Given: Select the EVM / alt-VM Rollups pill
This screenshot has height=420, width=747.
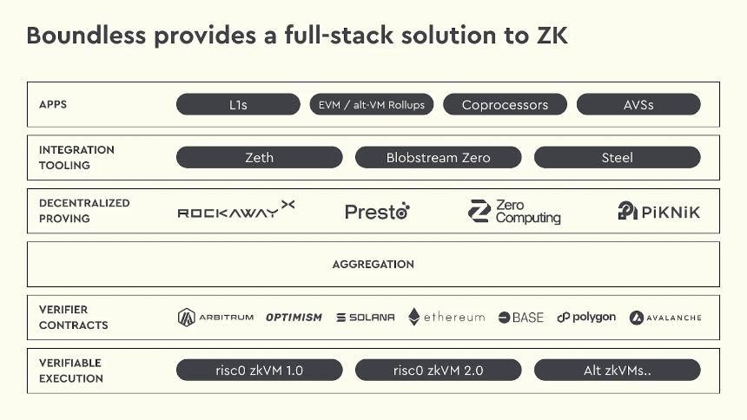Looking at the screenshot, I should [371, 105].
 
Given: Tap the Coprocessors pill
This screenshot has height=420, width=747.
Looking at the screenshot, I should [505, 105].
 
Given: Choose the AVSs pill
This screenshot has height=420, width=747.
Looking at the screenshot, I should [638, 105].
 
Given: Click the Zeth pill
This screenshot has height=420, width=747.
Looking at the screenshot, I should [259, 157].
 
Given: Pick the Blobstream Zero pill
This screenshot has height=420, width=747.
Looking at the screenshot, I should [438, 157].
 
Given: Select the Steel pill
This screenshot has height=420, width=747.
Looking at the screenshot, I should [617, 157].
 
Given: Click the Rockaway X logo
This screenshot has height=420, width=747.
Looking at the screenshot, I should [235, 211].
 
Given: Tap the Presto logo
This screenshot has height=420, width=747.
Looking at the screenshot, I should [377, 211].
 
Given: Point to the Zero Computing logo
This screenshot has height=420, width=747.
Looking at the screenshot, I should [514, 212].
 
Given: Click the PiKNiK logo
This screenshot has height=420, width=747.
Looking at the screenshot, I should [658, 211].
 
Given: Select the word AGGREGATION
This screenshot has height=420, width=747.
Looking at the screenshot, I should [373, 264].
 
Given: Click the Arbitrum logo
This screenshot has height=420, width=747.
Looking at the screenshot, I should [215, 318].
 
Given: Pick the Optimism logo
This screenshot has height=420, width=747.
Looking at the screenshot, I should [294, 318].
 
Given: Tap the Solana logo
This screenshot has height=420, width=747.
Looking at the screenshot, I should [365, 318].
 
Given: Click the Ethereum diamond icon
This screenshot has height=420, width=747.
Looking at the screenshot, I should [414, 317].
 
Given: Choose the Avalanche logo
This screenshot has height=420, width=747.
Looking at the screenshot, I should [665, 318].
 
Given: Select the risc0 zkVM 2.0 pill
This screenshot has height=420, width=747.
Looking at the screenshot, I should [438, 371].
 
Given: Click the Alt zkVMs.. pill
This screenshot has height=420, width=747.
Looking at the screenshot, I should [617, 371].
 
